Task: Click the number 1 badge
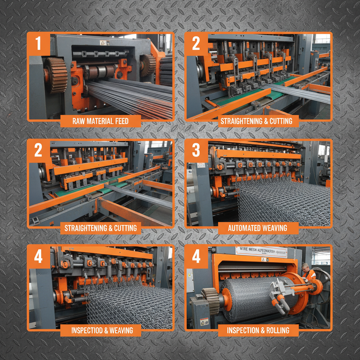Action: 38,44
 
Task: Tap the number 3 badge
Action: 196,150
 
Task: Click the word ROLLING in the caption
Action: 278,330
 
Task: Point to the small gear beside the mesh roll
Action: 210,301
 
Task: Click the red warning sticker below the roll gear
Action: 204,321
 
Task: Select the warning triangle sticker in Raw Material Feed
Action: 103,43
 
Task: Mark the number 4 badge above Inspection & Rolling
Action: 196,256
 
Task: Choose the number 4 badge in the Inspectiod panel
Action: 38,256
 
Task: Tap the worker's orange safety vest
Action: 309,276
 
